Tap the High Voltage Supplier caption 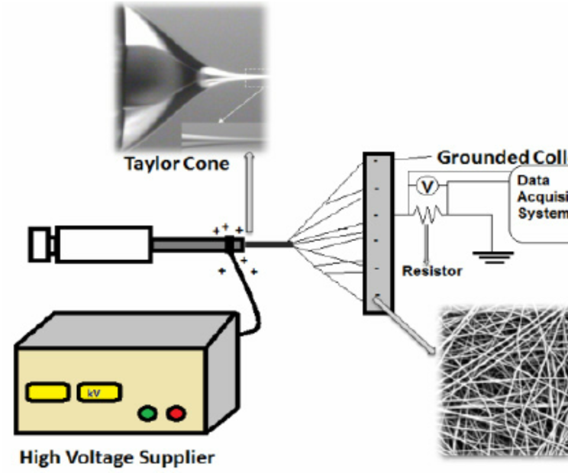117,458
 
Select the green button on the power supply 147,413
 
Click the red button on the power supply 176,413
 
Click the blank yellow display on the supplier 49,393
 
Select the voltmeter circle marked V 428,186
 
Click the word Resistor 432,271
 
